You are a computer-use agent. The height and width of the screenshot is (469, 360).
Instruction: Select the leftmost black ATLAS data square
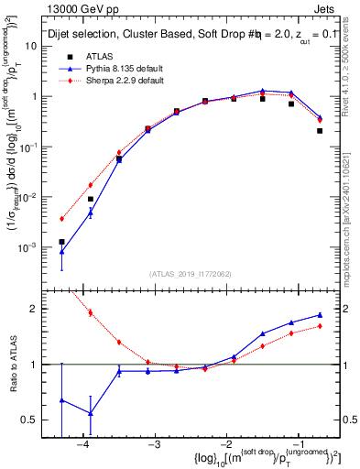pos(61,242)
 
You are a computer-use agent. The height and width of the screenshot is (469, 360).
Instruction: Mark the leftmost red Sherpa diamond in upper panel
pos(61,219)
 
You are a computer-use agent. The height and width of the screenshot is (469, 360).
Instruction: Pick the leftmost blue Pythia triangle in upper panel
pos(61,251)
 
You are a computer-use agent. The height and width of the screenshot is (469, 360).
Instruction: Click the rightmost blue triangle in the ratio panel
pos(320,315)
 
